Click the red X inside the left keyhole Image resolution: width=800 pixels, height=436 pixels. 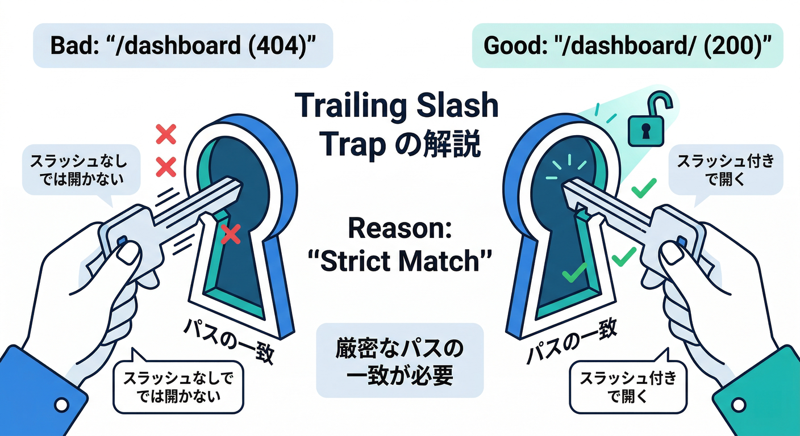(230, 234)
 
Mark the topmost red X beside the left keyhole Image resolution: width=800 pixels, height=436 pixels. (166, 135)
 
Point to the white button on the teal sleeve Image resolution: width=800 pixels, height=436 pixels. (739, 404)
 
